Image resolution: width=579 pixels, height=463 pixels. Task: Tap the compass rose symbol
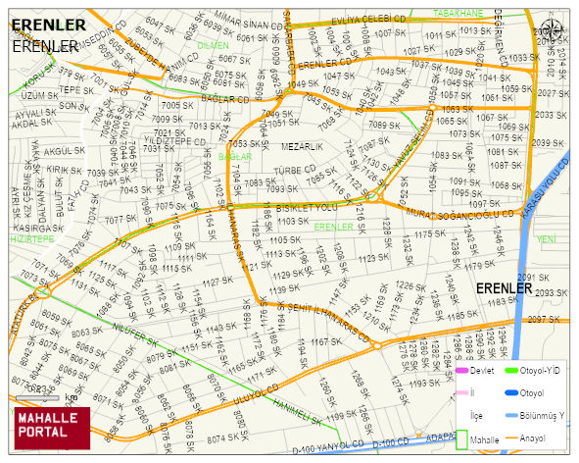point(555,30)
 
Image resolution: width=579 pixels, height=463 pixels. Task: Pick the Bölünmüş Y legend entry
point(543,416)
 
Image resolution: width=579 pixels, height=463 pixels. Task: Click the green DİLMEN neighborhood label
point(213,45)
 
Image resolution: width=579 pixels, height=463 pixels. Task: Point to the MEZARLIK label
point(302,146)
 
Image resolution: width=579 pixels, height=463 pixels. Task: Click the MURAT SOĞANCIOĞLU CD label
point(460,213)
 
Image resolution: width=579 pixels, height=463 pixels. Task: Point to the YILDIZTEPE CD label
point(178,140)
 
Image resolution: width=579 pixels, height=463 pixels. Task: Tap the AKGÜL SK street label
point(66,152)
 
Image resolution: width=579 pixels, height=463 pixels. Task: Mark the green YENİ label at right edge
point(547,238)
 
